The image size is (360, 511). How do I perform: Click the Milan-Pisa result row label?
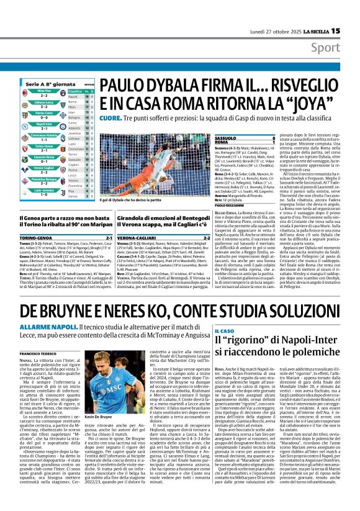pos(43,91)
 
